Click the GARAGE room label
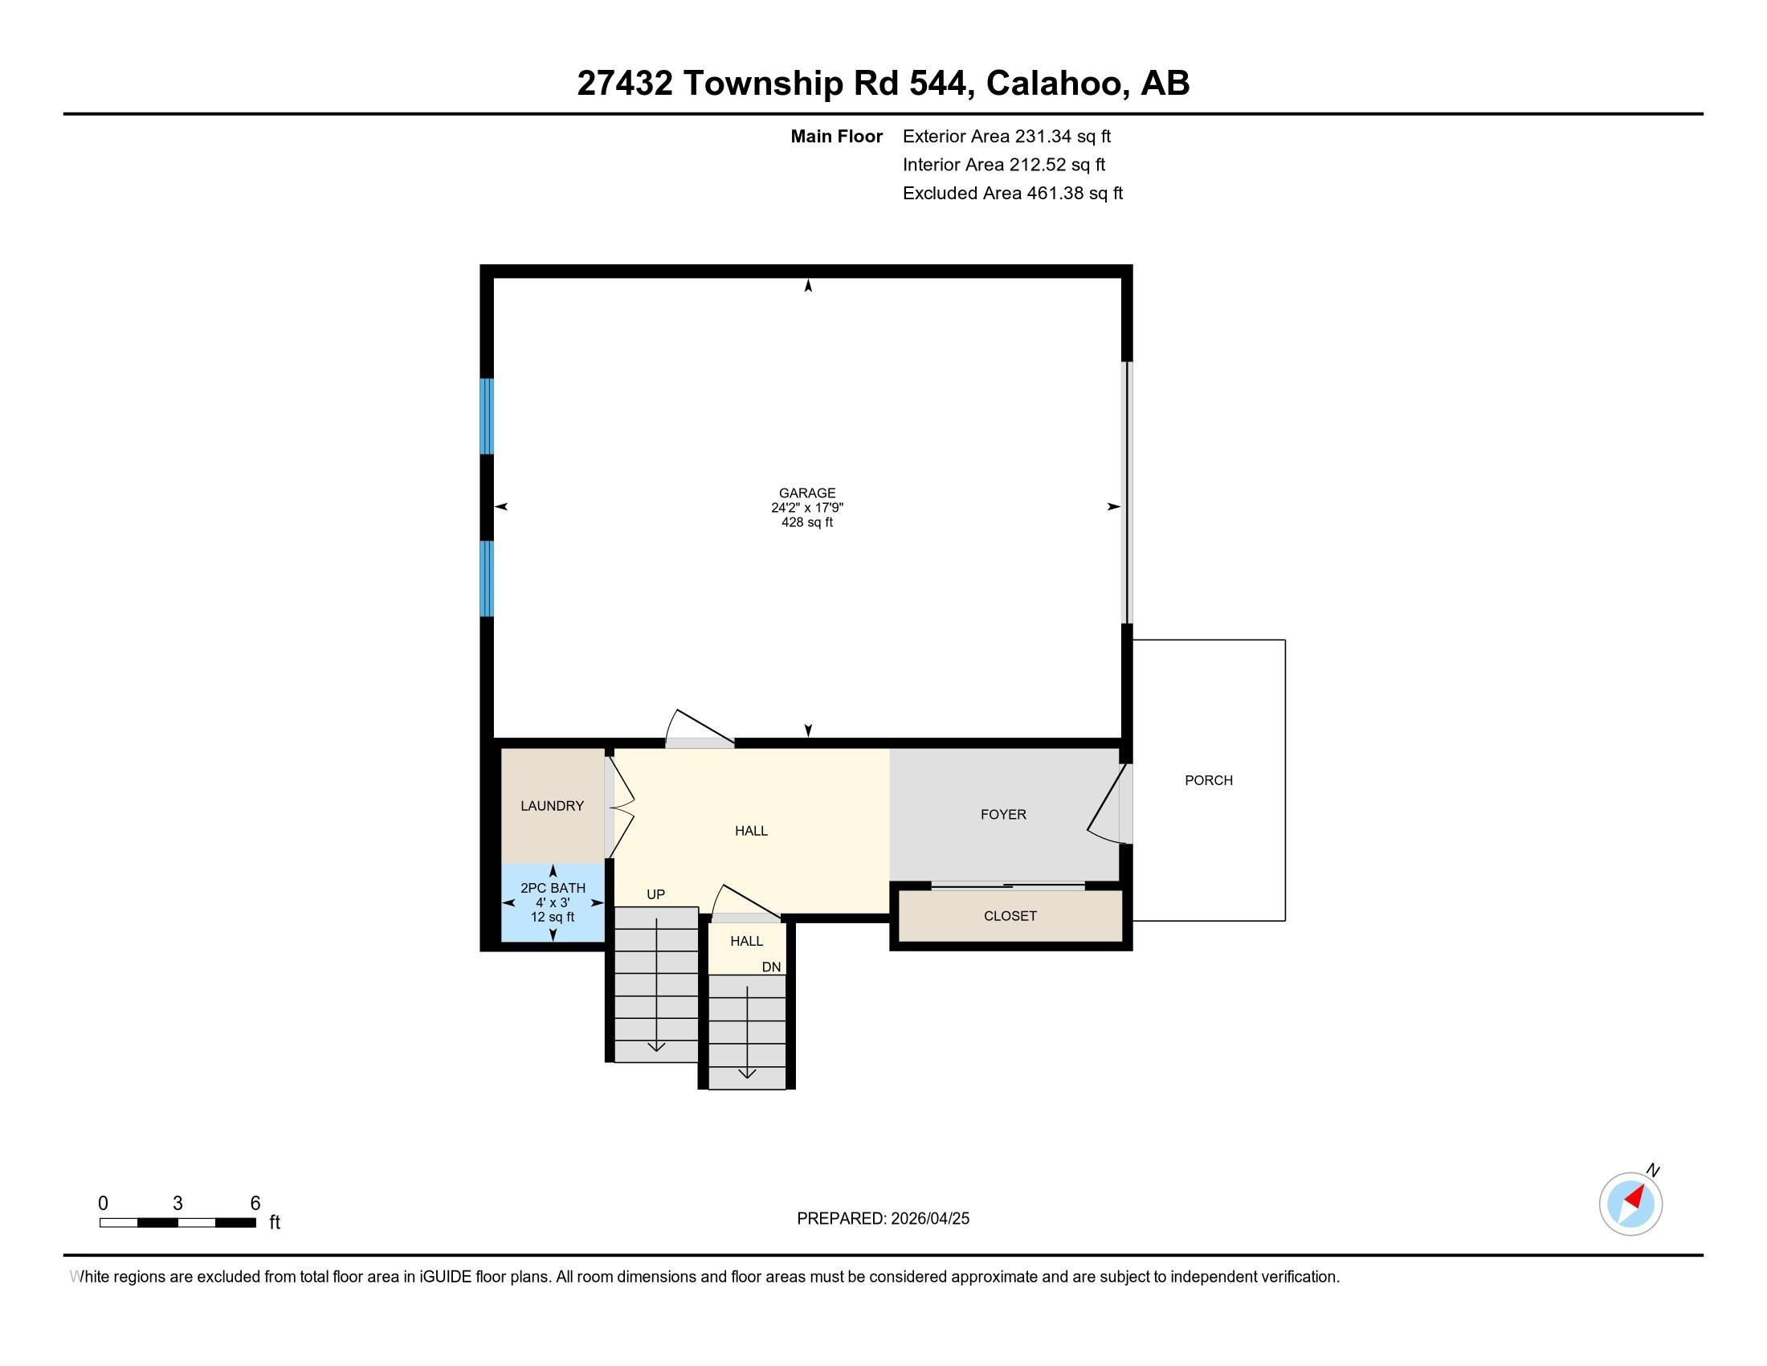806,493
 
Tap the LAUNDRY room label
552,806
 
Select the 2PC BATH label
553,888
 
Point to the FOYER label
1003,815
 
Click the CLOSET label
1010,916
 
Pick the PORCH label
1209,780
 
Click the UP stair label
655,894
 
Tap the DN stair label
771,967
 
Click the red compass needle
1635,1197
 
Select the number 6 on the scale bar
255,1204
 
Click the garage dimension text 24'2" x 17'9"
806,508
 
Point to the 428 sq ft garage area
806,523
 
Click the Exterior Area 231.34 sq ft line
1006,136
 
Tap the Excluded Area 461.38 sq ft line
1013,193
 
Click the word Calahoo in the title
1054,83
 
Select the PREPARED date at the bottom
883,1219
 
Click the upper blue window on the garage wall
486,417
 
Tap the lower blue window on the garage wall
486,579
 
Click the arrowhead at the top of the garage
807,285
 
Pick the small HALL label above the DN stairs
746,941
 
